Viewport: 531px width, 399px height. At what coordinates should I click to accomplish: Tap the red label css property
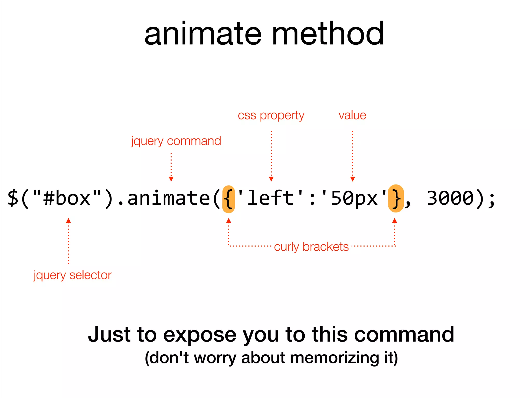(x=271, y=116)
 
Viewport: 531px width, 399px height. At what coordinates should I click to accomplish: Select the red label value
(x=352, y=115)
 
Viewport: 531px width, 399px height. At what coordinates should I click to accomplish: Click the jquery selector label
(x=73, y=275)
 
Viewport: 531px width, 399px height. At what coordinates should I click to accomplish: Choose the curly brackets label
(x=311, y=247)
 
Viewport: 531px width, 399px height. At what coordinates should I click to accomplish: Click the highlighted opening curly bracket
(x=228, y=199)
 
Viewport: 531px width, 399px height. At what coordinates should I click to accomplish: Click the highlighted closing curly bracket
(x=396, y=198)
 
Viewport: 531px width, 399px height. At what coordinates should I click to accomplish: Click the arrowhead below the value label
(x=352, y=179)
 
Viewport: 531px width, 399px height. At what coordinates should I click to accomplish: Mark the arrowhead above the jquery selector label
(x=68, y=221)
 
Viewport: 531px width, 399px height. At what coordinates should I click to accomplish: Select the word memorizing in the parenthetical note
(x=335, y=358)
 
